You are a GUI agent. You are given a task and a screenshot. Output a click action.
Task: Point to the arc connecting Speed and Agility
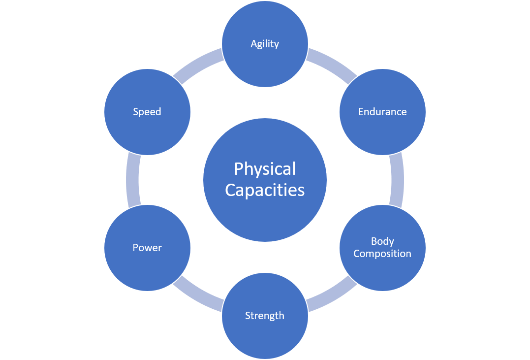(x=199, y=62)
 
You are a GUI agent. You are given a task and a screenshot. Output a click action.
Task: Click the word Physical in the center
(x=265, y=169)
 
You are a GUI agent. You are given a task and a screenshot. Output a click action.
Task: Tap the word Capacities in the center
(x=265, y=190)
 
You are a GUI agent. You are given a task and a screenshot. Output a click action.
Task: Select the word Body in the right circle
(x=382, y=241)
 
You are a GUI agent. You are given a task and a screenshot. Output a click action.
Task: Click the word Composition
(x=382, y=254)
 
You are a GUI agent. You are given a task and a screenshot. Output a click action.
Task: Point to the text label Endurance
(x=382, y=112)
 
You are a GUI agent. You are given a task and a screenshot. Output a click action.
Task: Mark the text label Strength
(x=265, y=316)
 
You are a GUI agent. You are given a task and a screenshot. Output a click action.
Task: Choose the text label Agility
(x=265, y=44)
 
